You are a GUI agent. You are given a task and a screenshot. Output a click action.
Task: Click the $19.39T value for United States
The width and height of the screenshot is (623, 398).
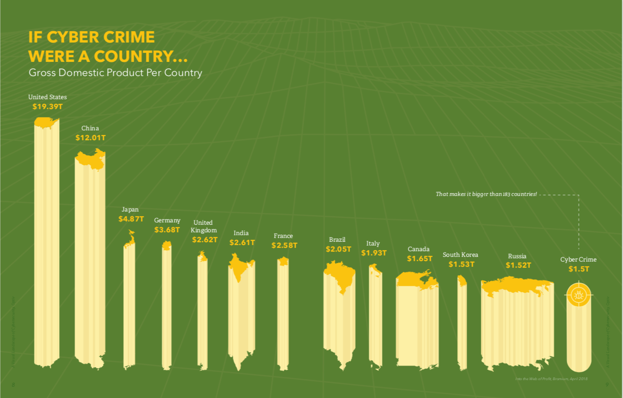[x=47, y=107]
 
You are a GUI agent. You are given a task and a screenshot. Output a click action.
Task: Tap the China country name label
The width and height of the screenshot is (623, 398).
[x=90, y=128]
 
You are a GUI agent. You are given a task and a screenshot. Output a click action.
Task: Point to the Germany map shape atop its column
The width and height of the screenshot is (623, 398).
[x=167, y=246]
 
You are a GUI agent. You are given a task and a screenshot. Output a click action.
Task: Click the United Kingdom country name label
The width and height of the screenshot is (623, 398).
[x=204, y=226]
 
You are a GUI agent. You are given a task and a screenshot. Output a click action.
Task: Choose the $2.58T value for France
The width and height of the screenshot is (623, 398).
[x=284, y=246]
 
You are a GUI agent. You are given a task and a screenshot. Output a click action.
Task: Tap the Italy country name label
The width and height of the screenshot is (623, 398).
[x=373, y=244]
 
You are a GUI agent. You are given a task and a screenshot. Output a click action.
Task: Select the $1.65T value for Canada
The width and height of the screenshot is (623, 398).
[x=419, y=259]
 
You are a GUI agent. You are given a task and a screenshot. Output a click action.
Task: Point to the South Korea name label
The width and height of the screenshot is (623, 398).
[x=460, y=255]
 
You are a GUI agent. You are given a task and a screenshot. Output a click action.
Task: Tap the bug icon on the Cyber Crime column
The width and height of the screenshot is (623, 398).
[x=579, y=296]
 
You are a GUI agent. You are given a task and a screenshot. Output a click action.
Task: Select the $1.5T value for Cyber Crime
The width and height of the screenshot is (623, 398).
[x=579, y=269]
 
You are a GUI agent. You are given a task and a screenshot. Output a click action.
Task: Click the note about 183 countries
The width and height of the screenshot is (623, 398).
[x=486, y=194]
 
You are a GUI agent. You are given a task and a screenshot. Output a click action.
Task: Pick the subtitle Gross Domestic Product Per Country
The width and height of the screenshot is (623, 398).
[x=115, y=73]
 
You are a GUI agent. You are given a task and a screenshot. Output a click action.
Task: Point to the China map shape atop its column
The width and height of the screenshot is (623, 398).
[x=91, y=159]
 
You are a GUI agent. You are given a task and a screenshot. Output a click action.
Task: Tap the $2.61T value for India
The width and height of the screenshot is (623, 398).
[x=242, y=243]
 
